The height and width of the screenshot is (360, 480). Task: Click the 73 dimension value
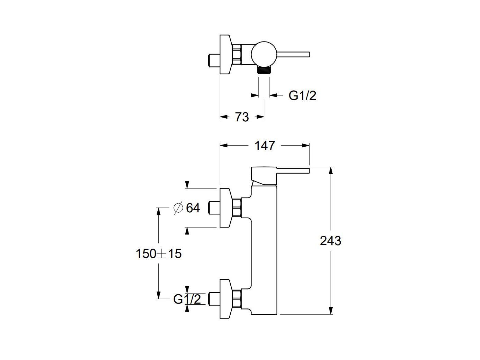pos(242,117)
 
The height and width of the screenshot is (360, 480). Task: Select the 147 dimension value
pos(265,146)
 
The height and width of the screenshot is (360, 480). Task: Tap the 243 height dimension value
pos(330,241)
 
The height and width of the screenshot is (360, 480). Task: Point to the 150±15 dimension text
pos(158,254)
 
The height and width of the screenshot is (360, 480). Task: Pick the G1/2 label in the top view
pos(302,95)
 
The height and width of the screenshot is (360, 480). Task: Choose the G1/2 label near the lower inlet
pos(187,299)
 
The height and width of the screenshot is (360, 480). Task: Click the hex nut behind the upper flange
pos(237,208)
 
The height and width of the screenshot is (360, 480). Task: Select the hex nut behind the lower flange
pos(237,299)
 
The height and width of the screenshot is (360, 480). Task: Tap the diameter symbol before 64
pos(178,208)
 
